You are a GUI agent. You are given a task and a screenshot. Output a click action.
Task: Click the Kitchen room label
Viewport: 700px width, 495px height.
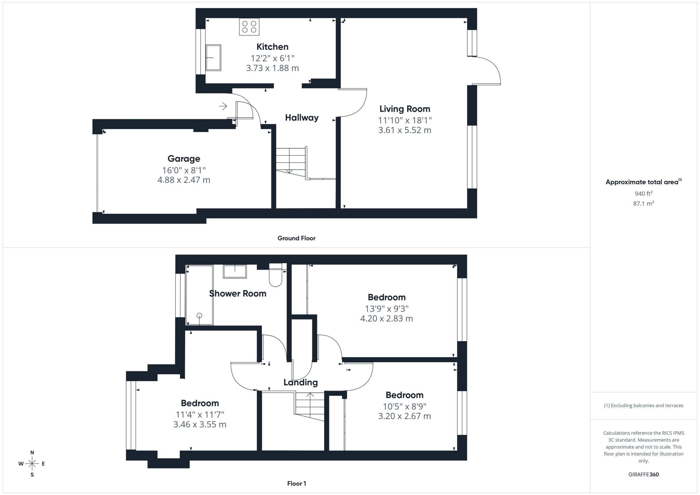(272, 47)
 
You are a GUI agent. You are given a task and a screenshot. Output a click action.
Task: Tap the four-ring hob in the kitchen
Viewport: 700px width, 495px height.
(249, 27)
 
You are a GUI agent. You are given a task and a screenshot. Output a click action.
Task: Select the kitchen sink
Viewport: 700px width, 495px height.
(213, 58)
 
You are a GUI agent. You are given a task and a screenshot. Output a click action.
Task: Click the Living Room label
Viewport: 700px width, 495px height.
(405, 109)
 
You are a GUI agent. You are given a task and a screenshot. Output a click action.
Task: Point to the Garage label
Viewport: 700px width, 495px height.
(184, 159)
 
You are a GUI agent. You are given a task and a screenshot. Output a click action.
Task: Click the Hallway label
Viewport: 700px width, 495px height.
(302, 118)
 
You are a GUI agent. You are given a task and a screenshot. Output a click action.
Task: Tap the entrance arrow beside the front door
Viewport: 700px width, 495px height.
(223, 106)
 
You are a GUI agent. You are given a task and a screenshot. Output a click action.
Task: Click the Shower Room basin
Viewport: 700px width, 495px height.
(235, 271)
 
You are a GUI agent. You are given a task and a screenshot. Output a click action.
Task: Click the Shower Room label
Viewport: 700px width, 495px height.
(238, 294)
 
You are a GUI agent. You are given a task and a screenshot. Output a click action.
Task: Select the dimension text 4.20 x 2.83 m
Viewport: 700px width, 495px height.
(387, 318)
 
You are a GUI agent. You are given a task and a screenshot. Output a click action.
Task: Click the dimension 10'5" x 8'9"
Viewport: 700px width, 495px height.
(405, 406)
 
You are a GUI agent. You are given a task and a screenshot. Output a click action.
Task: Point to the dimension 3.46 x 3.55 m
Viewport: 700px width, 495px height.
(200, 424)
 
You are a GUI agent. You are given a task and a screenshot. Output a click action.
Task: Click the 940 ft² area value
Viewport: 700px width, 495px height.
(644, 194)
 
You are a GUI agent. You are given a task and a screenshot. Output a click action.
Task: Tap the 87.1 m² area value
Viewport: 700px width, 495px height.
(644, 203)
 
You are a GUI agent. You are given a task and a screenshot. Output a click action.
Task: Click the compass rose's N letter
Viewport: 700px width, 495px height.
(32, 453)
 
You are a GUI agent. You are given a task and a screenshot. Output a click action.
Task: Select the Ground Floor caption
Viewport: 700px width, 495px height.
(296, 238)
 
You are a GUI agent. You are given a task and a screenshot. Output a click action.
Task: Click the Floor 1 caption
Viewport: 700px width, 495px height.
(296, 484)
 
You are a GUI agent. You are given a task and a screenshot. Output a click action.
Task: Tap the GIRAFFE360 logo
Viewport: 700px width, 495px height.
(644, 475)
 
